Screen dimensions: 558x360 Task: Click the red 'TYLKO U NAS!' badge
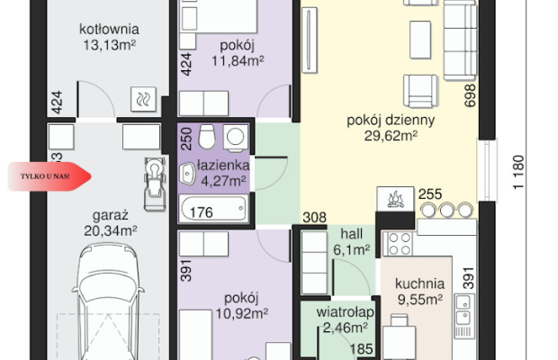pyautogui.click(x=49, y=176)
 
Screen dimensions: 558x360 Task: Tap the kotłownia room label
pyautogui.click(x=109, y=29)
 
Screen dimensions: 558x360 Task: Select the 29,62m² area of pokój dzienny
pyautogui.click(x=391, y=136)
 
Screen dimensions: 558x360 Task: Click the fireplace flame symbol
pyautogui.click(x=395, y=199)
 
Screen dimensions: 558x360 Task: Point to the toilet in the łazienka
pyautogui.click(x=207, y=137)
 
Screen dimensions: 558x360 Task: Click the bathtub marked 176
pyautogui.click(x=214, y=209)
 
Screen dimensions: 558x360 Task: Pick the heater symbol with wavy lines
pyautogui.click(x=143, y=98)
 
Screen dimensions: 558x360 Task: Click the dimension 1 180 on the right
pyautogui.click(x=518, y=172)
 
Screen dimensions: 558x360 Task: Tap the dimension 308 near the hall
pyautogui.click(x=314, y=218)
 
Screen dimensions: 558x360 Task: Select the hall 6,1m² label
pyautogui.click(x=351, y=242)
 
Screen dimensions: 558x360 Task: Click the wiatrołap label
pyautogui.click(x=345, y=312)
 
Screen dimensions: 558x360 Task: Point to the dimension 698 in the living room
pyautogui.click(x=470, y=95)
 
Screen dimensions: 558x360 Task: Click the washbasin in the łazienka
pyautogui.click(x=187, y=174)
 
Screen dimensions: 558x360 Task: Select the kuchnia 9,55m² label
pyautogui.click(x=420, y=292)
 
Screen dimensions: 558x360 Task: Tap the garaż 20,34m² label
pyautogui.click(x=111, y=223)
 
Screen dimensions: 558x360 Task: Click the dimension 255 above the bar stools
pyautogui.click(x=430, y=194)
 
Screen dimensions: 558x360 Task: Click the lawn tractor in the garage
pyautogui.click(x=155, y=184)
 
